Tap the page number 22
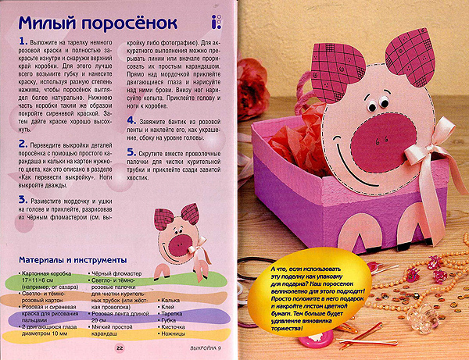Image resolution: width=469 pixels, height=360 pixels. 120,348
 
